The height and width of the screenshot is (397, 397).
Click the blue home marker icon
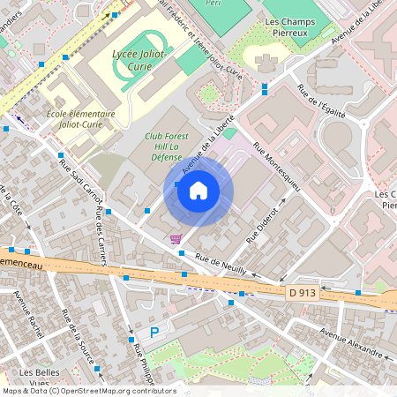click(198, 191)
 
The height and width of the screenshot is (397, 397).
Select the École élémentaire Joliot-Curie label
click(80, 119)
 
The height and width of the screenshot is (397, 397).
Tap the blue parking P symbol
click(154, 333)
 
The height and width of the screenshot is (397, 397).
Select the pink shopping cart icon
click(176, 238)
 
